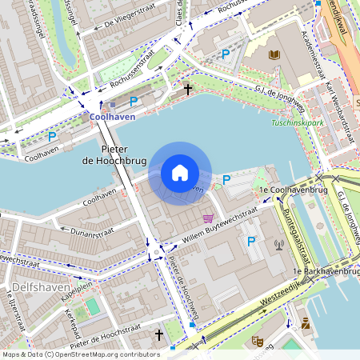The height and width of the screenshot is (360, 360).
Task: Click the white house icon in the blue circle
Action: (x=180, y=173)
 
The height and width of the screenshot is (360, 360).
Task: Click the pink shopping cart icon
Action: (x=208, y=218)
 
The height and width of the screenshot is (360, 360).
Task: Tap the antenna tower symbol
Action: (x=278, y=245)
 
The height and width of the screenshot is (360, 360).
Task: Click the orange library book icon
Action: (x=274, y=54)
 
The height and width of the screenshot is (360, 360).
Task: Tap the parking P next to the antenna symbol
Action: (x=251, y=241)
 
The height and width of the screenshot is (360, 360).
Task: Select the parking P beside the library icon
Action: (x=226, y=54)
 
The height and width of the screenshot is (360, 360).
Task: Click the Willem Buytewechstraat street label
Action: (x=219, y=223)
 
